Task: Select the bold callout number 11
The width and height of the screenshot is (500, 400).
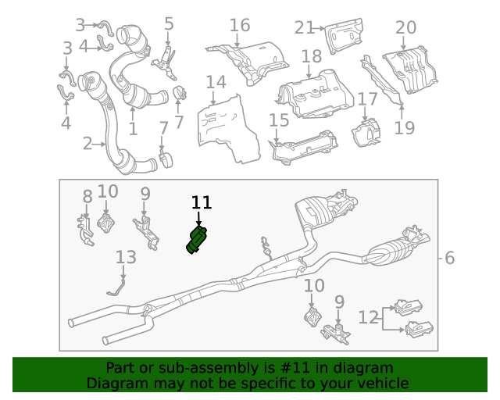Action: tap(202, 203)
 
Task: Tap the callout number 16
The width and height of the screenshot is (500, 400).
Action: tap(239, 25)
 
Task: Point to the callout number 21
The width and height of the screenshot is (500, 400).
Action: tap(304, 28)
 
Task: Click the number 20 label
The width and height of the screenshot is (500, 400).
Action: tap(405, 28)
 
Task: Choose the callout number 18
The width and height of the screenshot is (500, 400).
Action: tap(311, 56)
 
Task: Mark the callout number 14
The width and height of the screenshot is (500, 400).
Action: tap(216, 81)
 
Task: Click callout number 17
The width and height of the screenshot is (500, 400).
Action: tap(367, 99)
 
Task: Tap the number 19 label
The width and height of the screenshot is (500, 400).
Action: tap(404, 127)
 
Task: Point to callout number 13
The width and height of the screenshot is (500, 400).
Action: tap(126, 257)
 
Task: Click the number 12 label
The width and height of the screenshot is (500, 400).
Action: tap(369, 317)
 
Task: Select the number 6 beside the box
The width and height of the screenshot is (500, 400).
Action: tap(449, 258)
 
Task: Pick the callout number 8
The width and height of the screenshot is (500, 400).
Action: tap(87, 197)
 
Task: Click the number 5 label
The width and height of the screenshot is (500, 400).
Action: tap(169, 23)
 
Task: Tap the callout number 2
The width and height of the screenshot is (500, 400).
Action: tap(87, 143)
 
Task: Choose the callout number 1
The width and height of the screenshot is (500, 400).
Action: tap(133, 129)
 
